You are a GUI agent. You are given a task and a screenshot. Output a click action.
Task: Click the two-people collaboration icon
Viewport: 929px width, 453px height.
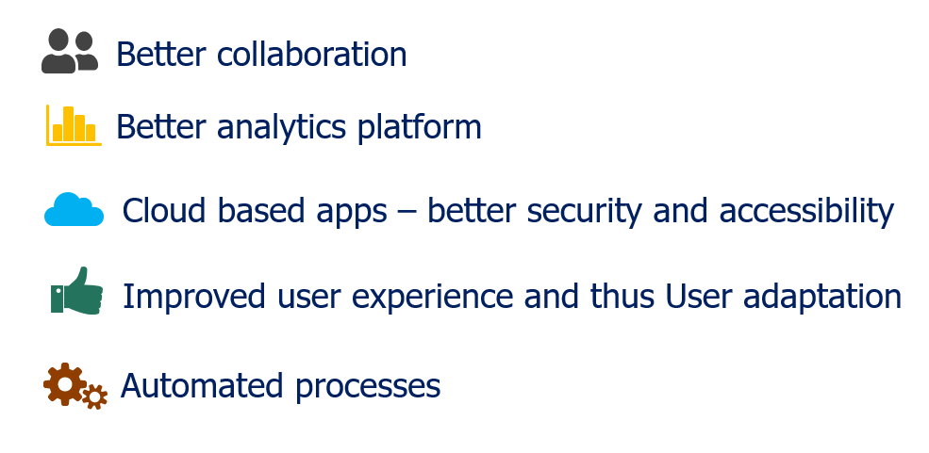point(69,51)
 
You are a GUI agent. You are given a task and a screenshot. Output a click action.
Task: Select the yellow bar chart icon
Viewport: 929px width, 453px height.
point(74,125)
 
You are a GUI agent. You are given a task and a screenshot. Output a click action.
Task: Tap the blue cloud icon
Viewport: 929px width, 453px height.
point(75,210)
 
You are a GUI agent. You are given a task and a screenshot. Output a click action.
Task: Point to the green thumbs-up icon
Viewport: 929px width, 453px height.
point(77,290)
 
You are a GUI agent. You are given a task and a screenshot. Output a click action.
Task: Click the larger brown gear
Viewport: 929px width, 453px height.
point(64,384)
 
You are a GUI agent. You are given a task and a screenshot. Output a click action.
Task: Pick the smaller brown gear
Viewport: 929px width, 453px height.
point(95,396)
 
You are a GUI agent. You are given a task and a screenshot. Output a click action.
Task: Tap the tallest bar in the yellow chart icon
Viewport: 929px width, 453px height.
point(68,123)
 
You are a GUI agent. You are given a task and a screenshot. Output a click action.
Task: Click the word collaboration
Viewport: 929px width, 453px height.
point(311,55)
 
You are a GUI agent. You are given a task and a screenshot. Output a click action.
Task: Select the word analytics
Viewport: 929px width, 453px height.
point(281,128)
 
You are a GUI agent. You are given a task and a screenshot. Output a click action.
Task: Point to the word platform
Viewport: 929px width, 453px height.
point(419,128)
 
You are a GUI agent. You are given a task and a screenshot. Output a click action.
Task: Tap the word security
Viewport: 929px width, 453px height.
point(584,213)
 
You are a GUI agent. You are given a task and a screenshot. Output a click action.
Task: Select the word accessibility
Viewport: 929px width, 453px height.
point(806,212)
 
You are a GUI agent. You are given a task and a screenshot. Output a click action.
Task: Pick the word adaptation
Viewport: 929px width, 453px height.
point(822,298)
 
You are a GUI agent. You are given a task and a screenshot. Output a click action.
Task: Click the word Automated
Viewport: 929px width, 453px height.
point(202,386)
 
